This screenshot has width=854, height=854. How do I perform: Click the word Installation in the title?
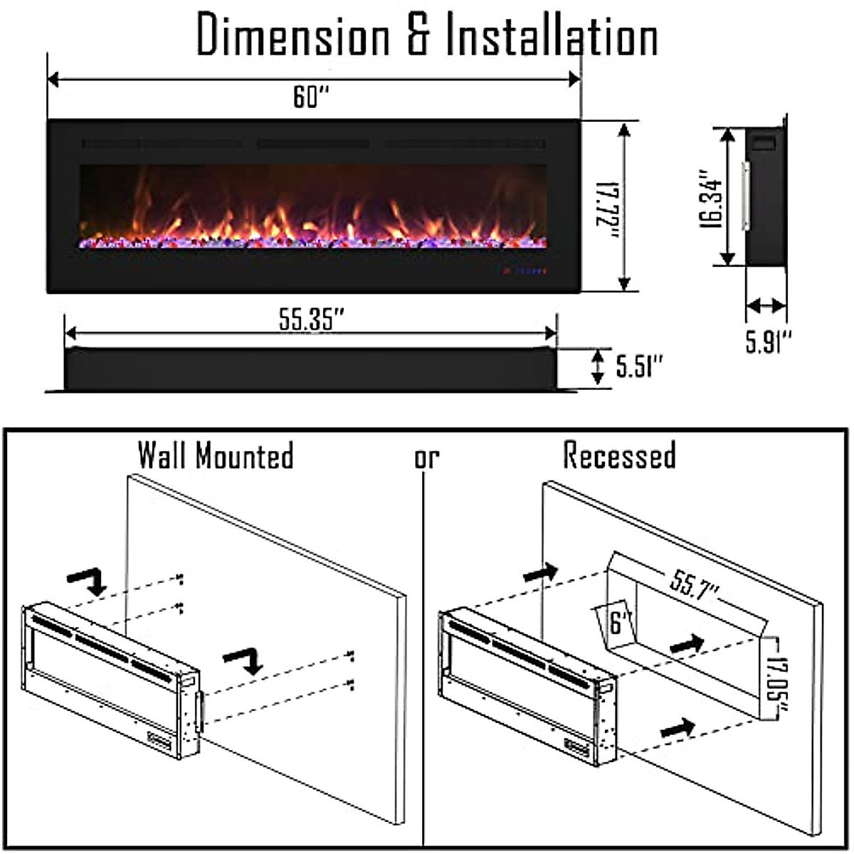click(x=552, y=36)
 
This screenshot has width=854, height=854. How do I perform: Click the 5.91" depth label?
click(x=768, y=341)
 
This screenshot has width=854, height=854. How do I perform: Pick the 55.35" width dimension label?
click(x=311, y=320)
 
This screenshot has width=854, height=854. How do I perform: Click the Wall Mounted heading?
click(x=215, y=455)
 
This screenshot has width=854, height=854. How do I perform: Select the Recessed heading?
click(x=619, y=455)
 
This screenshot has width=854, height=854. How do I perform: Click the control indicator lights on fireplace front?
click(x=524, y=270)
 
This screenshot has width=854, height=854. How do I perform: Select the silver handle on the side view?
click(x=746, y=196)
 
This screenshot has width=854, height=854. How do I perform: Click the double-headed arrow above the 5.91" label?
click(x=766, y=307)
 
